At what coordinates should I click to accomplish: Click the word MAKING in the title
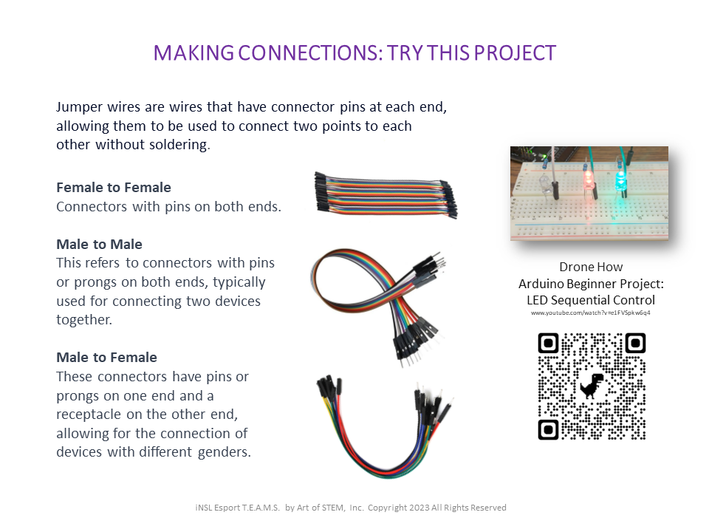pos(193,53)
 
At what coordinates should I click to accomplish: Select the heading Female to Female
pos(114,187)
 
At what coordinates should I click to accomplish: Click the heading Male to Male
pos(99,245)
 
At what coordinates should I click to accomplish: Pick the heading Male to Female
pos(106,358)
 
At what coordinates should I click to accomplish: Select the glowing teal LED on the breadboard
pos(620,179)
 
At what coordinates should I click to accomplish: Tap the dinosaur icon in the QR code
pos(592,386)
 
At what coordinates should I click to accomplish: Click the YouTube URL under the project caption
pos(591,313)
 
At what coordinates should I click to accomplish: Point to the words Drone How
pos(591,267)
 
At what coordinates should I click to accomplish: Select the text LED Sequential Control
pos(591,300)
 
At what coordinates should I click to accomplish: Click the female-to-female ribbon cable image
pos(386,194)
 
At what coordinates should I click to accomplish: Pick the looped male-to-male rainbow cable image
pos(378,307)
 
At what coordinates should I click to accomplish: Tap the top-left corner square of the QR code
pos(549,344)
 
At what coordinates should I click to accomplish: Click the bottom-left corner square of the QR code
pos(549,429)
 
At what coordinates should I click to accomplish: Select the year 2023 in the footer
pos(419,508)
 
